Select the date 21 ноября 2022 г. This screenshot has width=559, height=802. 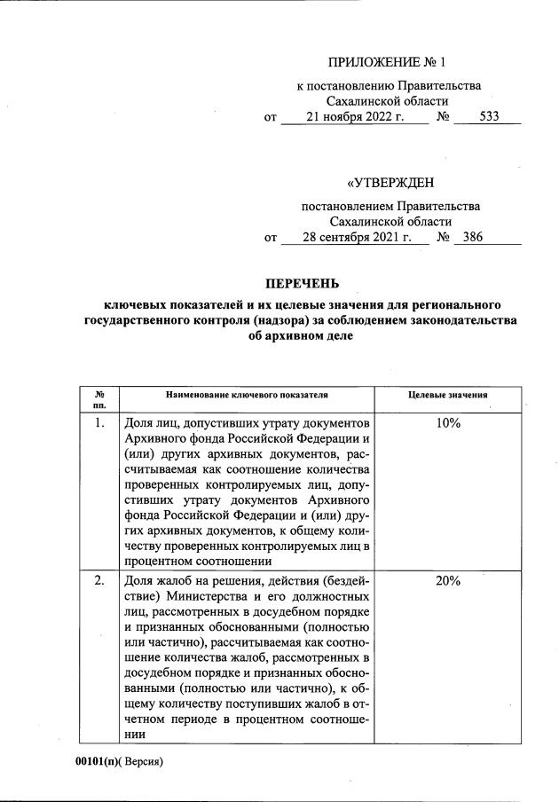point(354,116)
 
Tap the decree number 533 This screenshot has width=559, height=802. point(489,116)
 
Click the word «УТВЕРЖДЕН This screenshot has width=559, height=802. point(390,184)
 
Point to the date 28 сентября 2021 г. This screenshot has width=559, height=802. point(352,238)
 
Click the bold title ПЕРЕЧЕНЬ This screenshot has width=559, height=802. point(303,284)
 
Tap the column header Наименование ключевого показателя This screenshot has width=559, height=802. point(246,394)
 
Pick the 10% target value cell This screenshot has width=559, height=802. point(448,424)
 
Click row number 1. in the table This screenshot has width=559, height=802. point(100,424)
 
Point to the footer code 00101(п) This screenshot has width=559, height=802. point(94,761)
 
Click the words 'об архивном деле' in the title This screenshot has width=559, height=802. point(302,337)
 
